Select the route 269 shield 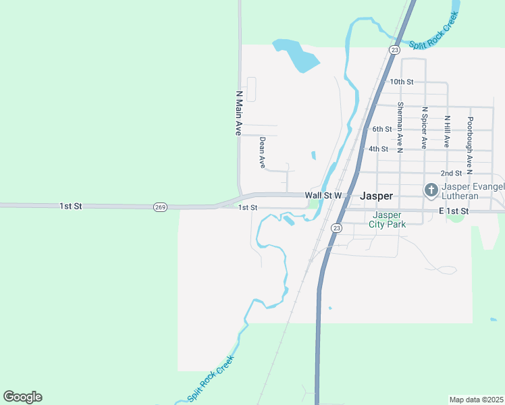(160, 207)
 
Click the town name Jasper (377, 195)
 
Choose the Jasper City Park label (388, 220)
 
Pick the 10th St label (401, 82)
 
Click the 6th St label (381, 129)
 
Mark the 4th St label (378, 148)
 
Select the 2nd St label (450, 173)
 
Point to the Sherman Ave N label (400, 125)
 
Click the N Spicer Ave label (424, 127)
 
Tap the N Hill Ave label (447, 132)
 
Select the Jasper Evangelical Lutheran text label (473, 191)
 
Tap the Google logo (22, 396)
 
